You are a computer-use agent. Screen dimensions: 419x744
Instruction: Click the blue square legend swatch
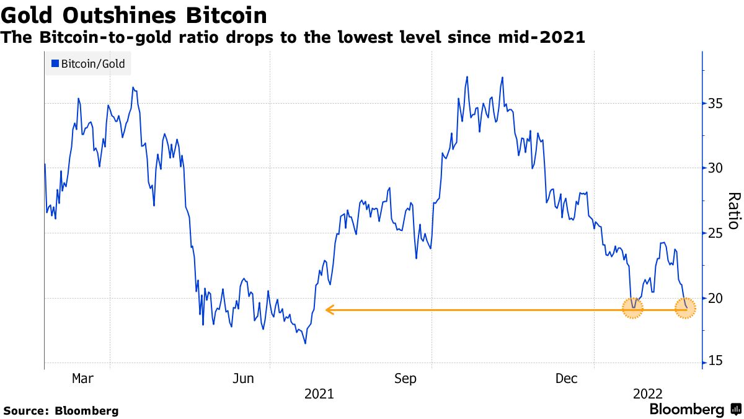(55, 63)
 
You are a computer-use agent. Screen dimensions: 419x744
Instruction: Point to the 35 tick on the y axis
(715, 103)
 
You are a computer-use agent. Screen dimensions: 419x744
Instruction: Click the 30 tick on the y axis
(715, 168)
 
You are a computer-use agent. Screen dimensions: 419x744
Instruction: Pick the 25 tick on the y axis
(715, 233)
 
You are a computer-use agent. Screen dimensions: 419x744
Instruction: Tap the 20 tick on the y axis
(715, 299)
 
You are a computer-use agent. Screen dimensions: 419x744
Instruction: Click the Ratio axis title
(733, 211)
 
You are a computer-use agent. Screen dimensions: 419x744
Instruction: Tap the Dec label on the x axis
(567, 378)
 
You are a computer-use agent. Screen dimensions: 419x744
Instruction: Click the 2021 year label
(319, 394)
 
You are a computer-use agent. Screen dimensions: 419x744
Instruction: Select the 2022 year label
(647, 394)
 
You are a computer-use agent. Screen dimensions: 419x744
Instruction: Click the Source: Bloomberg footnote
(61, 411)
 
